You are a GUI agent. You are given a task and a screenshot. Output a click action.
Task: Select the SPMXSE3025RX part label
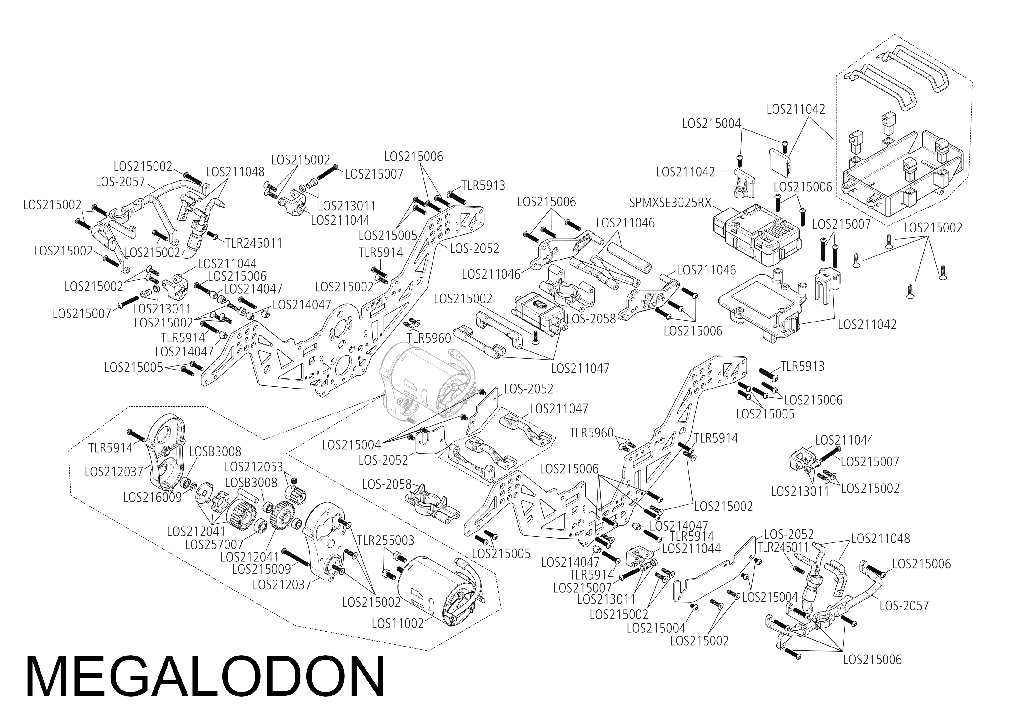pyautogui.click(x=670, y=203)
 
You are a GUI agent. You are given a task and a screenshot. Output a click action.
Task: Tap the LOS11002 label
pyautogui.click(x=397, y=623)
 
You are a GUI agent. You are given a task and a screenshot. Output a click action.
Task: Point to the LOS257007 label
pyautogui.click(x=214, y=544)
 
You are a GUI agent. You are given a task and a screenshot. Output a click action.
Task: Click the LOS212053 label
pyautogui.click(x=253, y=467)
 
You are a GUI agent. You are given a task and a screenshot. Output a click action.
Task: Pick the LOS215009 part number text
pyautogui.click(x=261, y=569)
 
